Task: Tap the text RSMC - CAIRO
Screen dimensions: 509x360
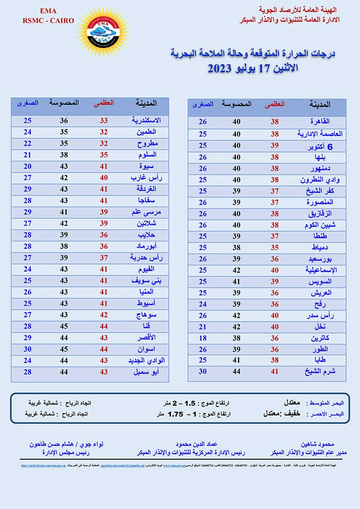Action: coord(48,21)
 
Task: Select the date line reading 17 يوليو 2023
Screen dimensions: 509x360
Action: coord(252,69)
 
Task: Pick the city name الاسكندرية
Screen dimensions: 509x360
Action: coord(146,121)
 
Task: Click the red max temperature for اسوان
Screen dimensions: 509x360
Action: coord(103,349)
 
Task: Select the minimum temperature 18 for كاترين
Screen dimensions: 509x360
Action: coord(203,338)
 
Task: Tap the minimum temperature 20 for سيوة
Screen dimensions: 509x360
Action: coord(27,166)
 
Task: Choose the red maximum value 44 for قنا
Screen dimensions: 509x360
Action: coord(103,326)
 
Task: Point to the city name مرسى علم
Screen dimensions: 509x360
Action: coord(143,212)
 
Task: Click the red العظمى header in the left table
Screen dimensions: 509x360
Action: coord(103,103)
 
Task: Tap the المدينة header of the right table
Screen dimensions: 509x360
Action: coord(320,104)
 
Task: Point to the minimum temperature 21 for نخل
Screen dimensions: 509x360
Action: coord(203,327)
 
